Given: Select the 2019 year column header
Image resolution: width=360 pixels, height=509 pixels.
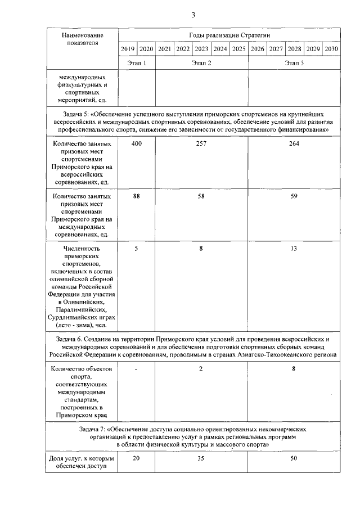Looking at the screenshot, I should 128,49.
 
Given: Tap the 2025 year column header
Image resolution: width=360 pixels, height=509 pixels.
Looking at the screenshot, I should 238,49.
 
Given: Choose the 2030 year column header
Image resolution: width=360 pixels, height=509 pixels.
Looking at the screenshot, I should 331,49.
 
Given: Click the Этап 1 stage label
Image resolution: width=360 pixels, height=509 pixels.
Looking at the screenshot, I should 137,63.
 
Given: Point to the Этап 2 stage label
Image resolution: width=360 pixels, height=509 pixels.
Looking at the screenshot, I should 201,63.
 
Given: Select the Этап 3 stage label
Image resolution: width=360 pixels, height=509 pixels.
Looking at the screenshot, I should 294,63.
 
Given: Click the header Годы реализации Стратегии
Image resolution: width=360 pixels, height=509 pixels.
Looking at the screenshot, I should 229,35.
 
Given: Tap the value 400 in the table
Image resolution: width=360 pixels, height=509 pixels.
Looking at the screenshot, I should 136,144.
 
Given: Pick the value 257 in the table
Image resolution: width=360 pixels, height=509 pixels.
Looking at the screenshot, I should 201,144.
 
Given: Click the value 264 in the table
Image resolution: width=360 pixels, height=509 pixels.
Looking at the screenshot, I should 294,144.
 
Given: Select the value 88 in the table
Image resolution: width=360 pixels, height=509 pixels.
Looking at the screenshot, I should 136,196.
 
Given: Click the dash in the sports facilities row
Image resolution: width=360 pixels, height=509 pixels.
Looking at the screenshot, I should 136,368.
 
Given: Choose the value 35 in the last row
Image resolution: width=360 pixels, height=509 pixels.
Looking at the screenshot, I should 201,459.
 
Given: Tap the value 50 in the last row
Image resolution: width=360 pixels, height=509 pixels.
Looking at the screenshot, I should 294,459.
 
